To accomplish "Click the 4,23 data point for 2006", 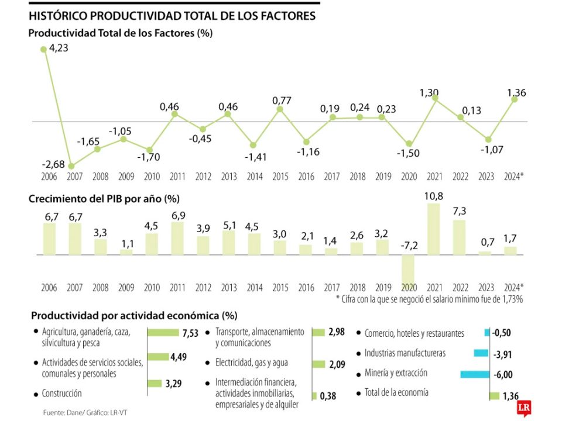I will pyautogui.click(x=43, y=49).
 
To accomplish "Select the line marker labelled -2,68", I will pyautogui.click(x=71, y=166).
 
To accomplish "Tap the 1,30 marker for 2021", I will pyautogui.click(x=434, y=98).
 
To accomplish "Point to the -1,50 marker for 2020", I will pyautogui.click(x=409, y=144).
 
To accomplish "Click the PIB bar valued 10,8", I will pyautogui.click(x=434, y=229).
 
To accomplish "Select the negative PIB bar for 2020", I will pyautogui.click(x=409, y=270).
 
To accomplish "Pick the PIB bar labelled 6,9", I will pyautogui.click(x=178, y=239).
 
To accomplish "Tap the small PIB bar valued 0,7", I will pyautogui.click(x=486, y=253).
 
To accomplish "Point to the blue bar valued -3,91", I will pyautogui.click(x=481, y=353).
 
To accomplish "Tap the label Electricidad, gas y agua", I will pyautogui.click(x=251, y=363).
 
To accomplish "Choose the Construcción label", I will pyautogui.click(x=61, y=394).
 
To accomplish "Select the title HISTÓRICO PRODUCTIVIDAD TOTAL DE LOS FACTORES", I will pyautogui.click(x=172, y=16).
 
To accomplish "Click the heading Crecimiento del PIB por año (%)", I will pyautogui.click(x=105, y=199).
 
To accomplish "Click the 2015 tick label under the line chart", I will pyautogui.click(x=280, y=177).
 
